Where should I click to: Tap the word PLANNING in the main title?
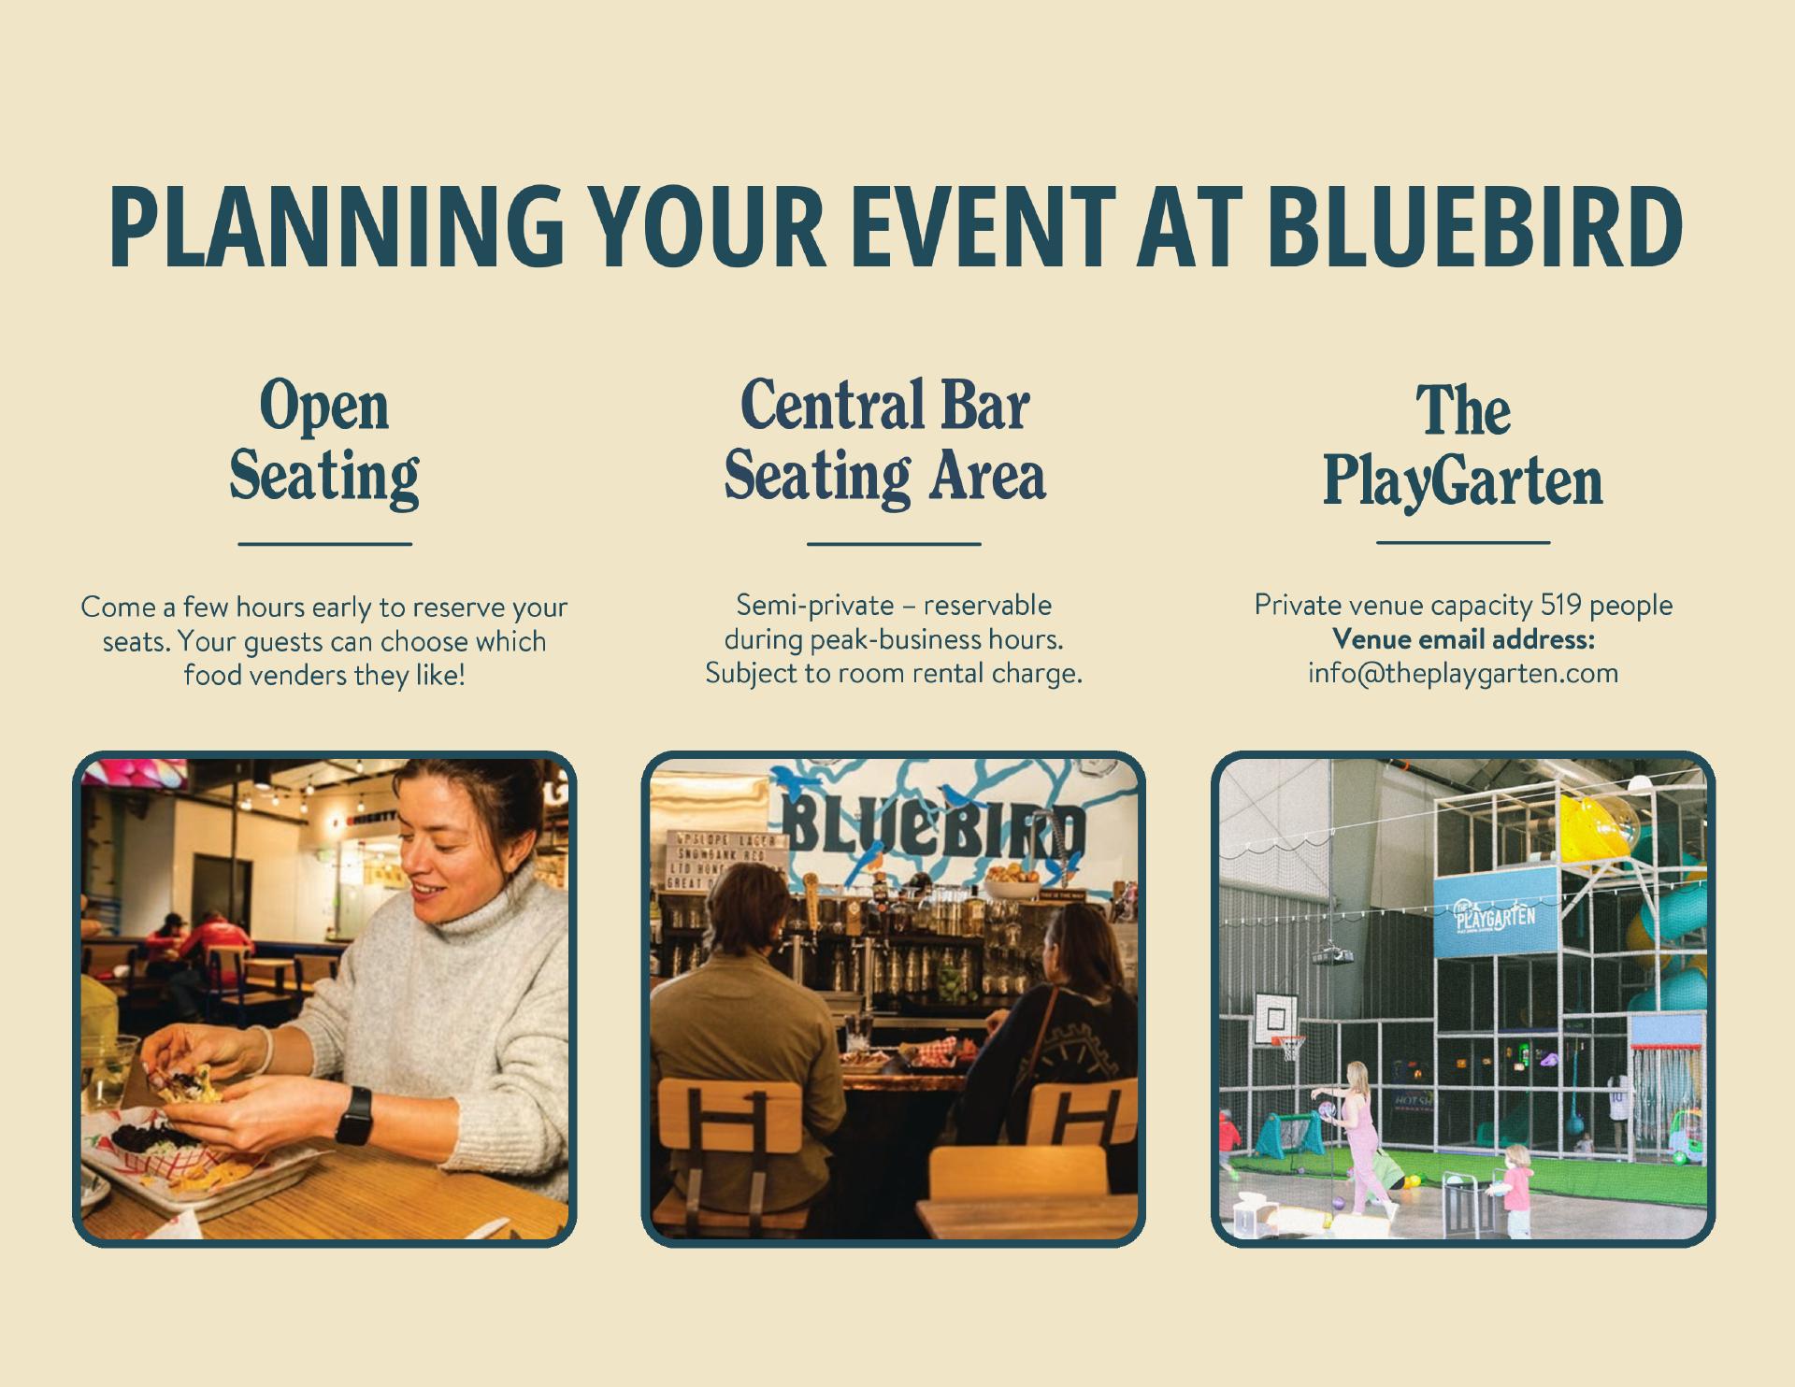[337, 227]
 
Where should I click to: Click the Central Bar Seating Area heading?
[885, 442]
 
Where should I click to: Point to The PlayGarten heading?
[1463, 447]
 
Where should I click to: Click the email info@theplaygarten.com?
[1463, 673]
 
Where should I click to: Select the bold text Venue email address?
[1463, 639]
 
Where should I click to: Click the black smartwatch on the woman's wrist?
[353, 1115]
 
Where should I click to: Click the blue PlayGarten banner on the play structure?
[1496, 911]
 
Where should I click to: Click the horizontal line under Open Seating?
[324, 543]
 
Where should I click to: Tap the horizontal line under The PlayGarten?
[1463, 542]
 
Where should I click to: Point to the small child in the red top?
[1514, 1191]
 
